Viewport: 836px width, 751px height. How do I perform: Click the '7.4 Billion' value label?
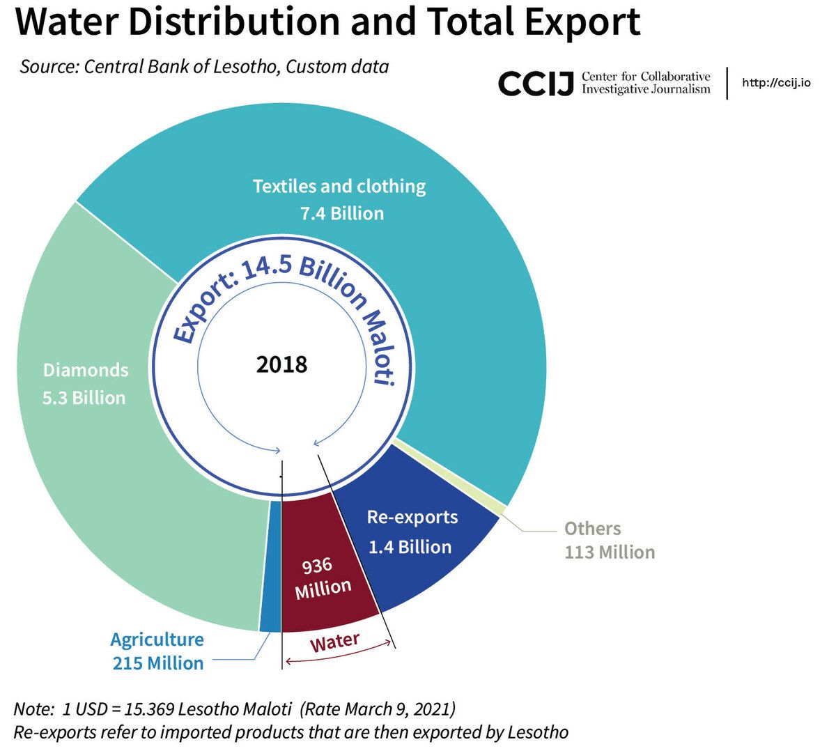[342, 213]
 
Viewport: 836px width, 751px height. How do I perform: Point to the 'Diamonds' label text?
[86, 369]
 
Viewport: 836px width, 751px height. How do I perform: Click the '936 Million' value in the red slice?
[322, 578]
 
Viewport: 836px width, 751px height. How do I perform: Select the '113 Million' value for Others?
[610, 552]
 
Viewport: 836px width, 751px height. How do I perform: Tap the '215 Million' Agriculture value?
[158, 663]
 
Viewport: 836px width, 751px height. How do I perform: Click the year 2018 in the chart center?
[281, 364]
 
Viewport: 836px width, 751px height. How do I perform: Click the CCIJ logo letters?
[536, 83]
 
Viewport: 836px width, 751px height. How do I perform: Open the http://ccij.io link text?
[776, 83]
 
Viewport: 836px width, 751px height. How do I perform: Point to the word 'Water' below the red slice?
[335, 642]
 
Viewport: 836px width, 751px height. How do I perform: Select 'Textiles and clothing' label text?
[339, 186]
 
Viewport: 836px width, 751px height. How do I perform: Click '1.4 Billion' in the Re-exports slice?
[410, 547]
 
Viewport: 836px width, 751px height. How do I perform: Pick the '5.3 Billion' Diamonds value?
[84, 398]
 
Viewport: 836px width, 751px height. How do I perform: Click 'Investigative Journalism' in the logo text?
[646, 88]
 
